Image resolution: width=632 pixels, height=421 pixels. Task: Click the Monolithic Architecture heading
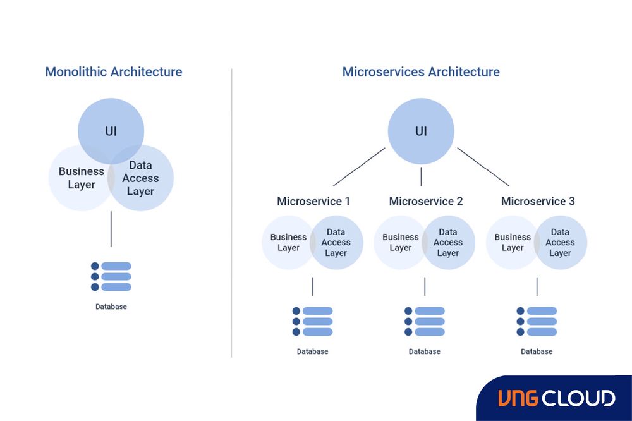[x=114, y=72]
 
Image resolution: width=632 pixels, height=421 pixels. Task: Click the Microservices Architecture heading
[x=421, y=72]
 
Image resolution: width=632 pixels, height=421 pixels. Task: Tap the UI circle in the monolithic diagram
[x=111, y=130]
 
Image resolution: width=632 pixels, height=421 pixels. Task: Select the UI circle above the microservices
[x=421, y=131]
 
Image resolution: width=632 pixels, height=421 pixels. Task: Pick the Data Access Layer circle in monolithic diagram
[x=142, y=178]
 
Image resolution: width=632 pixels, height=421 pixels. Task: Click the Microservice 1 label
[x=313, y=202]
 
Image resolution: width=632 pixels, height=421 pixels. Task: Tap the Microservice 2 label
[x=426, y=202]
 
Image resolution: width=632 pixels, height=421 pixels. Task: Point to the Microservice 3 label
[x=538, y=202]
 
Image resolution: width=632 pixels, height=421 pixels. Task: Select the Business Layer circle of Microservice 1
[x=286, y=243]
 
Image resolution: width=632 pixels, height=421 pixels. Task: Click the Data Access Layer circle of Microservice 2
[x=449, y=243]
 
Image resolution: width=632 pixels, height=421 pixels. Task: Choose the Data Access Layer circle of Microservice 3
[x=561, y=243]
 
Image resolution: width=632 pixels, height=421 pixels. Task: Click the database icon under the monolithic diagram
[x=111, y=277]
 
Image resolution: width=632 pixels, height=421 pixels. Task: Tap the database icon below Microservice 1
[x=313, y=322]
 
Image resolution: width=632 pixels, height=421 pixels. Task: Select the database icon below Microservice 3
[x=537, y=322]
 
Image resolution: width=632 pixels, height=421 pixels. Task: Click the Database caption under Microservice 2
[x=425, y=351]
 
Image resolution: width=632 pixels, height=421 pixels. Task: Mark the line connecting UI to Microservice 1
[x=359, y=167]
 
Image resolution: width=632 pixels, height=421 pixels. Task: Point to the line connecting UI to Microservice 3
[x=483, y=167]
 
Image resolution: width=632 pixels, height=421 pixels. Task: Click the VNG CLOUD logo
[x=556, y=398]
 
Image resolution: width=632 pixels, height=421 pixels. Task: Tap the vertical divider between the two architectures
[x=232, y=215]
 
